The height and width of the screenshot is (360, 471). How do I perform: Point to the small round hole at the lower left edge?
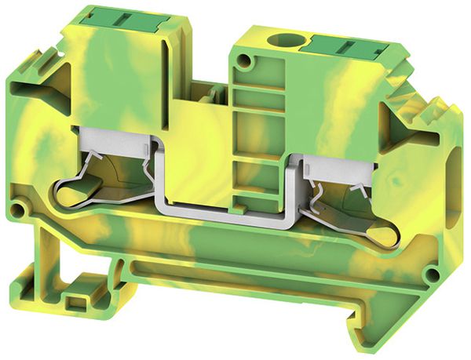(26, 210)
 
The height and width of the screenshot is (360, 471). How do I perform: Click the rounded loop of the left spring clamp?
(70, 194)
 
